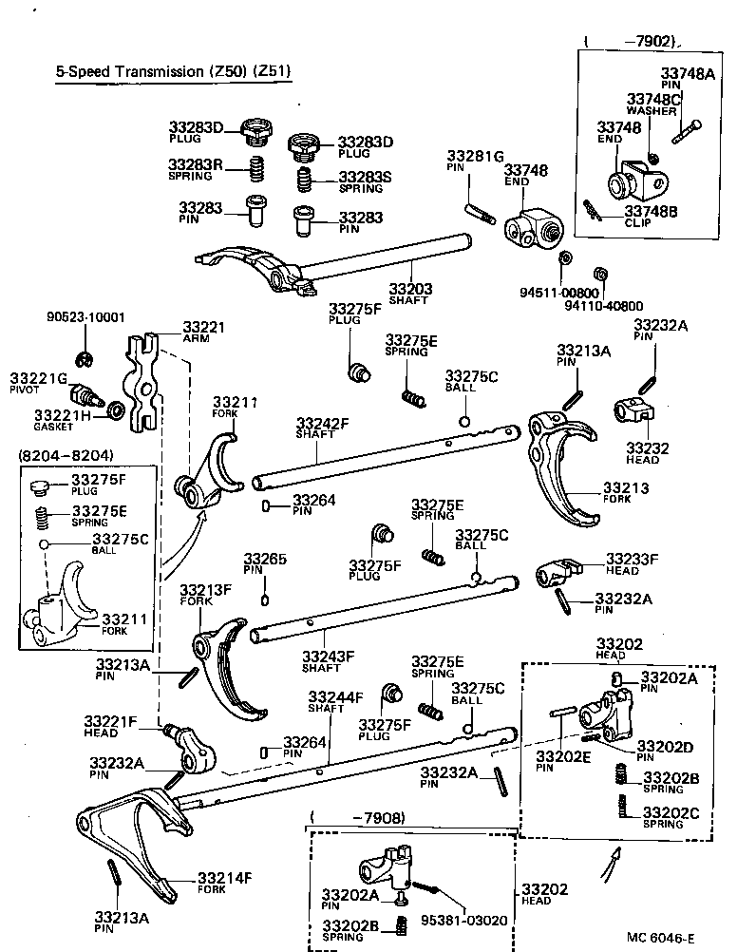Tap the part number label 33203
(409, 289)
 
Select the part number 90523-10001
(86, 316)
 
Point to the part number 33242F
(322, 424)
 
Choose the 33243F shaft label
(328, 655)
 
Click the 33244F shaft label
(334, 698)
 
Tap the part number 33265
(264, 560)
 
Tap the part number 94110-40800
(603, 306)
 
